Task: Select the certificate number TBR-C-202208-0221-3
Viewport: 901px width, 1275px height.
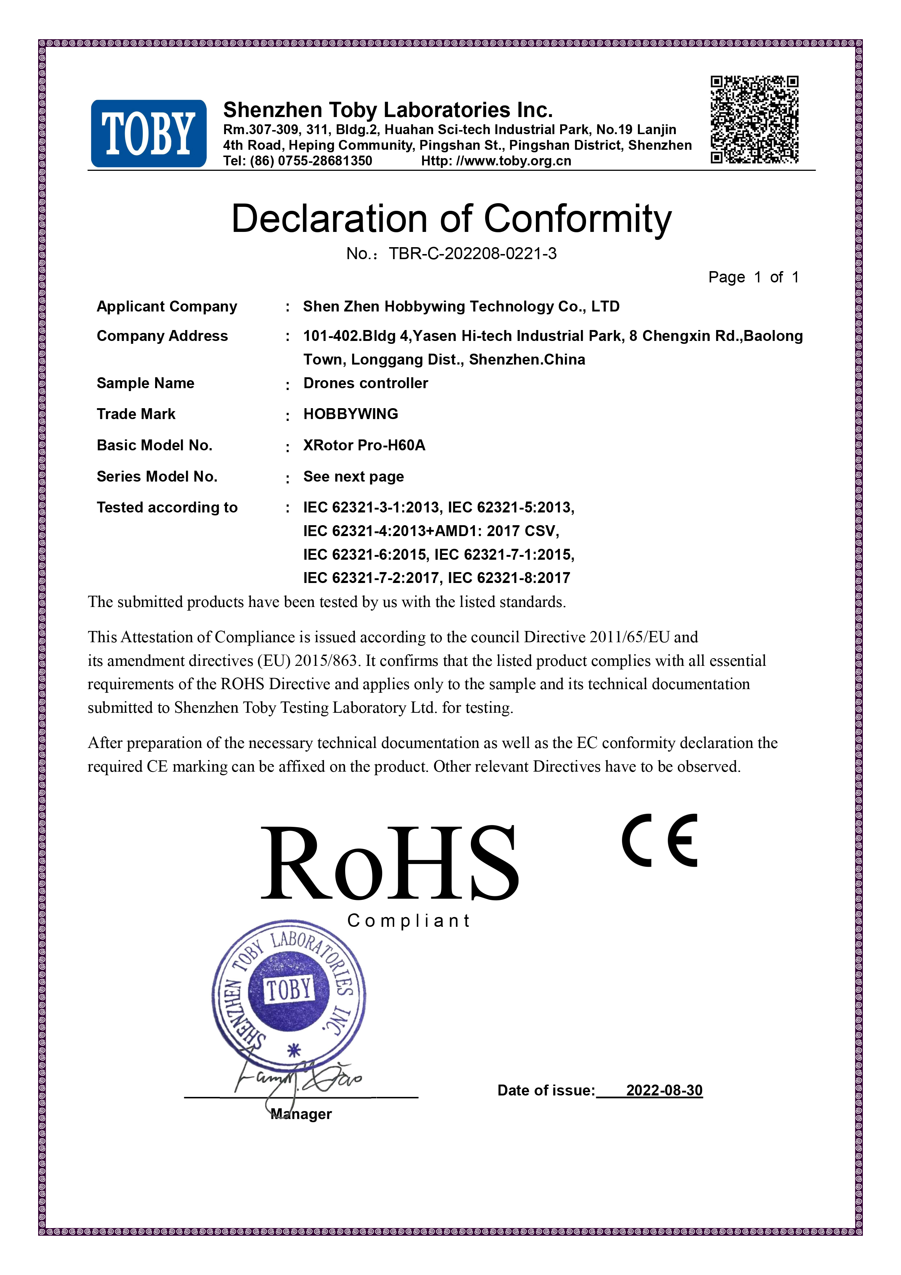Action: pyautogui.click(x=472, y=254)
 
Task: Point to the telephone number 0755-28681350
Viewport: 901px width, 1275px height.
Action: pyautogui.click(x=325, y=161)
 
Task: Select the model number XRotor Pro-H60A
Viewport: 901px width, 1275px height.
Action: pyautogui.click(x=364, y=445)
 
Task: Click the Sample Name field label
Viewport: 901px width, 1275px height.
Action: pyautogui.click(x=145, y=383)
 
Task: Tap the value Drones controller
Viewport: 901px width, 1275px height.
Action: pyautogui.click(x=365, y=383)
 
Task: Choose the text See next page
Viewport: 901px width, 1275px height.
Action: pyautogui.click(x=353, y=476)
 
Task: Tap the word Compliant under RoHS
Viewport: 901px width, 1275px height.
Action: pyautogui.click(x=409, y=921)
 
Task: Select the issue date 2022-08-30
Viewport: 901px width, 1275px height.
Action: pyautogui.click(x=664, y=1090)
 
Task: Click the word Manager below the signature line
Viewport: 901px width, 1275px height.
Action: pyautogui.click(x=302, y=1114)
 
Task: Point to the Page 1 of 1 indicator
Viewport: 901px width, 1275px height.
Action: pyautogui.click(x=753, y=277)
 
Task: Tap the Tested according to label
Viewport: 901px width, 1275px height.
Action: pyautogui.click(x=167, y=507)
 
